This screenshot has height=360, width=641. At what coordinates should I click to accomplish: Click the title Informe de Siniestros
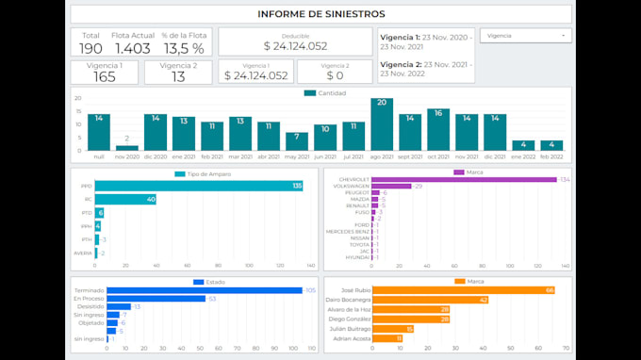coord(320,14)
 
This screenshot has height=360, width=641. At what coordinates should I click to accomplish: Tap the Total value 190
coord(90,48)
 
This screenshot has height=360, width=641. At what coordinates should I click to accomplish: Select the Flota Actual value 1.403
coord(132,48)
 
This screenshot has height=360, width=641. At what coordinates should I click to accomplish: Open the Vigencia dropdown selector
coord(525,35)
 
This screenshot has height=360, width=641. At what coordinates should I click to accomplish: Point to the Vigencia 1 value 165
coord(104,76)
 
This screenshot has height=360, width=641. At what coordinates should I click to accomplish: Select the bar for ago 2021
coord(382,123)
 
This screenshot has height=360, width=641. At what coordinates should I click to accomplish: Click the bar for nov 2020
coord(127,147)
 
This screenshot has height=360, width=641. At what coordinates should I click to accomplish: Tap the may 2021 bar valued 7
coord(297,140)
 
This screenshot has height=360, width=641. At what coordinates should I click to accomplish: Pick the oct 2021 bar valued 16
coord(437,129)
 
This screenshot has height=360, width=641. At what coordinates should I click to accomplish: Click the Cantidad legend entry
coord(325,93)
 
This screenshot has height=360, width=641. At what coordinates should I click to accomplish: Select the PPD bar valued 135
coord(198,187)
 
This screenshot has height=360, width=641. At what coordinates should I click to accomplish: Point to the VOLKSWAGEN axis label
coord(353,187)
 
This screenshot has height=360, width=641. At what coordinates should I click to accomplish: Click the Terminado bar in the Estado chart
coord(204,290)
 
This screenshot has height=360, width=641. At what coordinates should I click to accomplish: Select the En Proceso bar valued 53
coord(156,299)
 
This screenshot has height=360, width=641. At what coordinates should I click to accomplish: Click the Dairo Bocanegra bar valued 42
coord(429,300)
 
